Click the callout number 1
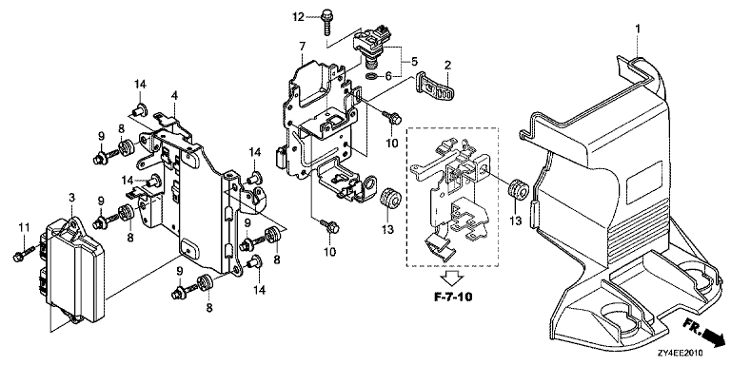pos(638,29)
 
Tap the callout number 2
pos(447,66)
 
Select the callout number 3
pos(71,198)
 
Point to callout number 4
pos(174,96)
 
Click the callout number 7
pos(302,47)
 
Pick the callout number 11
pos(24,227)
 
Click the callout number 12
pos(298,17)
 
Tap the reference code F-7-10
pos(451,297)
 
